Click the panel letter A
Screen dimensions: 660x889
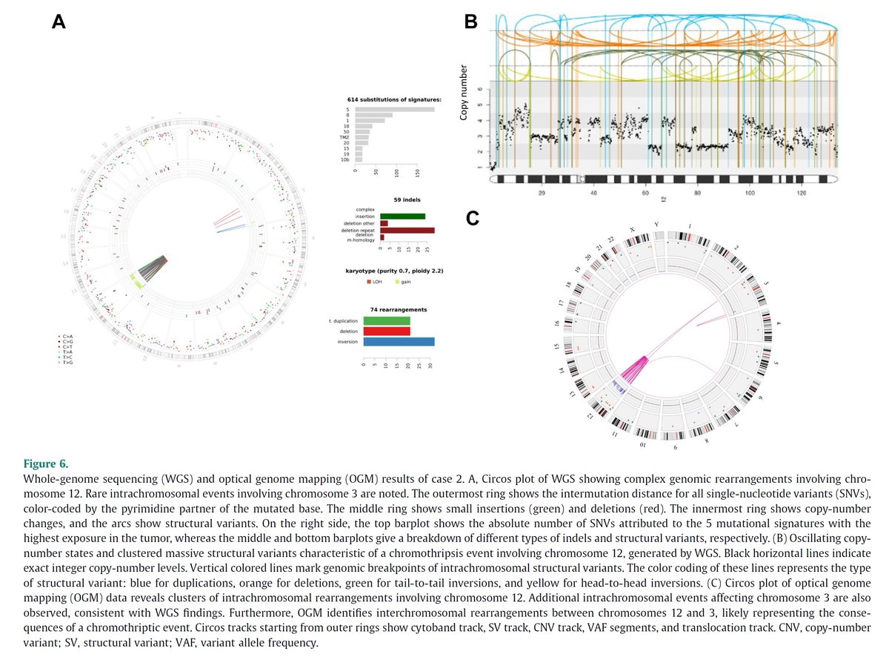59,22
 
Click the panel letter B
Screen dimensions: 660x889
470,22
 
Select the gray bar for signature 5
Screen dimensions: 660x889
395,110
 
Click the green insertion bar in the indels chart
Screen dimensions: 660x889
402,216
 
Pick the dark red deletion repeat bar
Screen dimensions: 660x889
407,230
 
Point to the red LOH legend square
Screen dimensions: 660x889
369,282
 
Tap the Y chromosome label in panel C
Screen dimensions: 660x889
656,225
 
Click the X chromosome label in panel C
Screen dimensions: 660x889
630,230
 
